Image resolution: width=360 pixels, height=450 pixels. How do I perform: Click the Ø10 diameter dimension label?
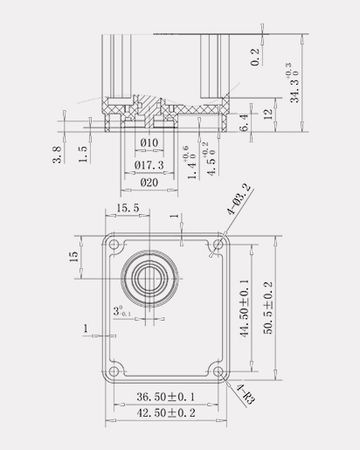(149, 142)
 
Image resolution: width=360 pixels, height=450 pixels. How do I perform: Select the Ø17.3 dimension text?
(149, 165)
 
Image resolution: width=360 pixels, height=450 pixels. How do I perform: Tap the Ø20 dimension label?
(149, 183)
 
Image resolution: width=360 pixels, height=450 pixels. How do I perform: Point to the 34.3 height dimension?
(294, 82)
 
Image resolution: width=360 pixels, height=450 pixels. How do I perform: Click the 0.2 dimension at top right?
(255, 57)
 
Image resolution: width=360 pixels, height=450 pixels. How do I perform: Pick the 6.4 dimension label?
(244, 123)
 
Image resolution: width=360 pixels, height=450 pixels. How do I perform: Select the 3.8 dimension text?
(57, 155)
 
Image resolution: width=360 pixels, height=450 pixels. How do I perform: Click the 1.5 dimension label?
(83, 154)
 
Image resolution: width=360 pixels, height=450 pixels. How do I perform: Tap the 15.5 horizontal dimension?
(128, 208)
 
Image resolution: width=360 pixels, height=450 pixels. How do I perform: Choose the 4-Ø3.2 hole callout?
(239, 199)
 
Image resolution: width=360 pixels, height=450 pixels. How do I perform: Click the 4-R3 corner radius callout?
(246, 394)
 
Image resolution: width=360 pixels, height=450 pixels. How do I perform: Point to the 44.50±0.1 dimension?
(245, 308)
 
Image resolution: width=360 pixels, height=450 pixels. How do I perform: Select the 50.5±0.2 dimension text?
(268, 308)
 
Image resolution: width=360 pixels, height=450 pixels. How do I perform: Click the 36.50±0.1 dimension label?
(166, 397)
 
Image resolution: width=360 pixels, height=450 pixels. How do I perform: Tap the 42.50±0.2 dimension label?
(166, 412)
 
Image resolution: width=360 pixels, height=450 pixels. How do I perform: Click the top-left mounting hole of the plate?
(114, 244)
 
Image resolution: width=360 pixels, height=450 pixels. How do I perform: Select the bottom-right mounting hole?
(218, 371)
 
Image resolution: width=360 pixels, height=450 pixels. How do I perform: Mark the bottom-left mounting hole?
(114, 371)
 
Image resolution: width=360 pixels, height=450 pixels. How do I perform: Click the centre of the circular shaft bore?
(149, 279)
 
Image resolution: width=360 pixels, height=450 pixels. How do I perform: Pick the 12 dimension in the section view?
(268, 114)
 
